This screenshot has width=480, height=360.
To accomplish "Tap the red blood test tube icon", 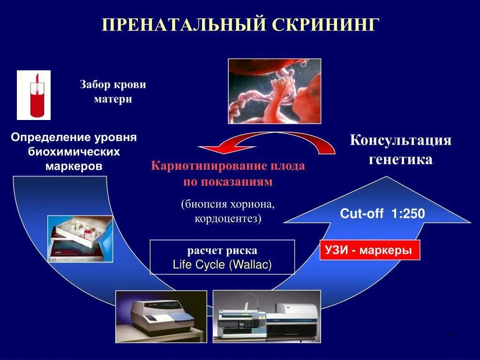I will [x=34, y=95].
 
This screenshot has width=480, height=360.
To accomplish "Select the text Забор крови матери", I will [x=112, y=92].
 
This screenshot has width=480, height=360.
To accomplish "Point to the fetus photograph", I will [x=274, y=91].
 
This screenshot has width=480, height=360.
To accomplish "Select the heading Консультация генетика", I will [x=400, y=150].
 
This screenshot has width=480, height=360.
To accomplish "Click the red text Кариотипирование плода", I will [x=228, y=166].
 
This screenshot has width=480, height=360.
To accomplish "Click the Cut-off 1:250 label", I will [x=382, y=214].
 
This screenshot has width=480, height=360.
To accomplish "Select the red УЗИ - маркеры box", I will [x=370, y=250].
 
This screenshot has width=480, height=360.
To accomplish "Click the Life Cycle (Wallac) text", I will [x=222, y=265].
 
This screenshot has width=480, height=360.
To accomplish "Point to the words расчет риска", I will [x=222, y=250].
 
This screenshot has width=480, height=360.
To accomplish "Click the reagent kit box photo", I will [x=80, y=239].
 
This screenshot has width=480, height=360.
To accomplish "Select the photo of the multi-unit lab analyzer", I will [x=267, y=316].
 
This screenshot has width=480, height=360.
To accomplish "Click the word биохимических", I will [x=74, y=152].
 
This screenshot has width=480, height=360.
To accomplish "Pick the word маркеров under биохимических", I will [x=74, y=166].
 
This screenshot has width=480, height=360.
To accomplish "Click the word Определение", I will [x=51, y=138].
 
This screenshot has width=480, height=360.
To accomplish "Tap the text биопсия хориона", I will [x=228, y=204].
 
